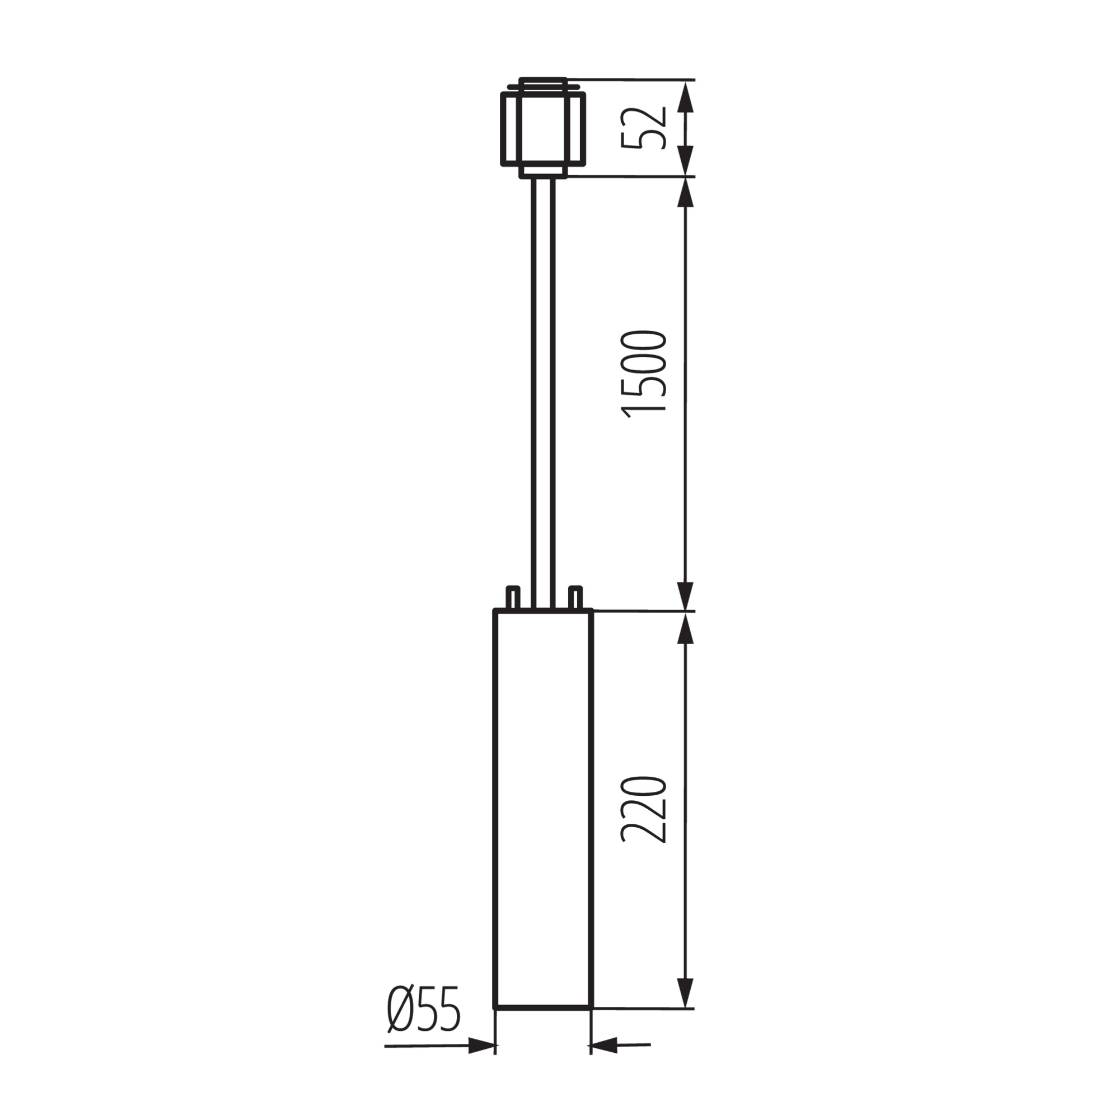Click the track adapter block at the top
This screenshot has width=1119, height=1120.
point(543,127)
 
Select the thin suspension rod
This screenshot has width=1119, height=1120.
point(543,394)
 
